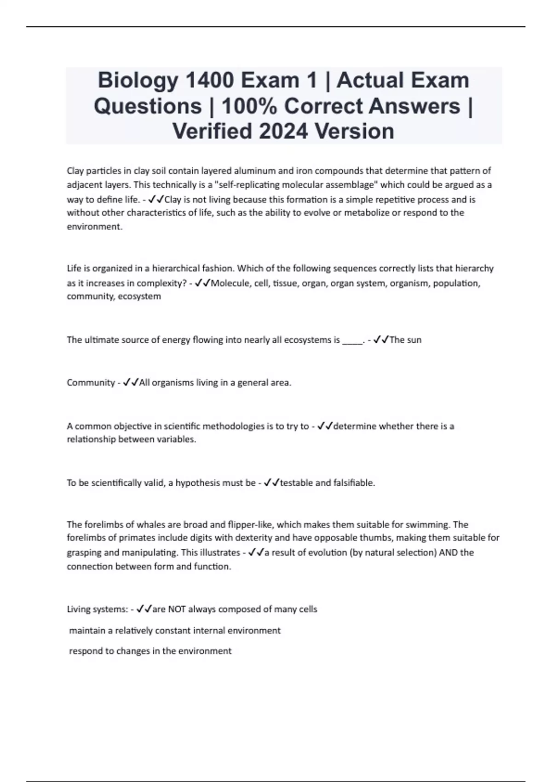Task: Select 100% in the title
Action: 248,106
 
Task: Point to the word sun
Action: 414,340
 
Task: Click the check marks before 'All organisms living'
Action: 131,383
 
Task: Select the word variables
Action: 177,440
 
